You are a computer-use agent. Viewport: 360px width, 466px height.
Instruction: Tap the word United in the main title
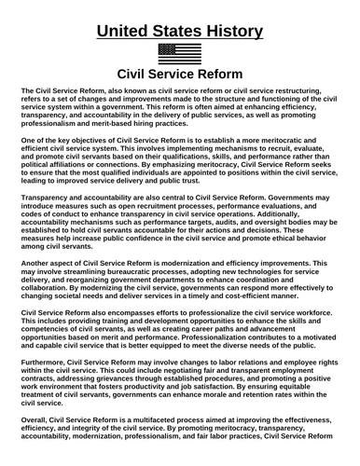pos(128,31)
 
